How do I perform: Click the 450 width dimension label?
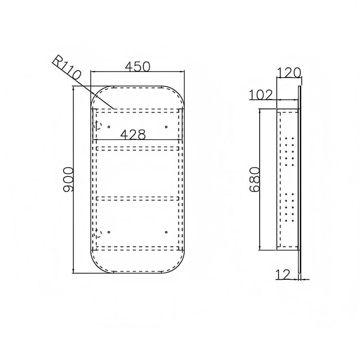point(137,66)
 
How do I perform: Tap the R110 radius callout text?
point(66,68)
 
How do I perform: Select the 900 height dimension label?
point(68,179)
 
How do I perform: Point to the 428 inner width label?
point(133,135)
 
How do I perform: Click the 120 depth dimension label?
point(289,73)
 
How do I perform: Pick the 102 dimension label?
point(261,95)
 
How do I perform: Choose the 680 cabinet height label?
point(255,179)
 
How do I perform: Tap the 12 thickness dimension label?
point(283,275)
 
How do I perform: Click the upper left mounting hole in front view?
point(109,127)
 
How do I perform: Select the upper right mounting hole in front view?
point(166,127)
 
